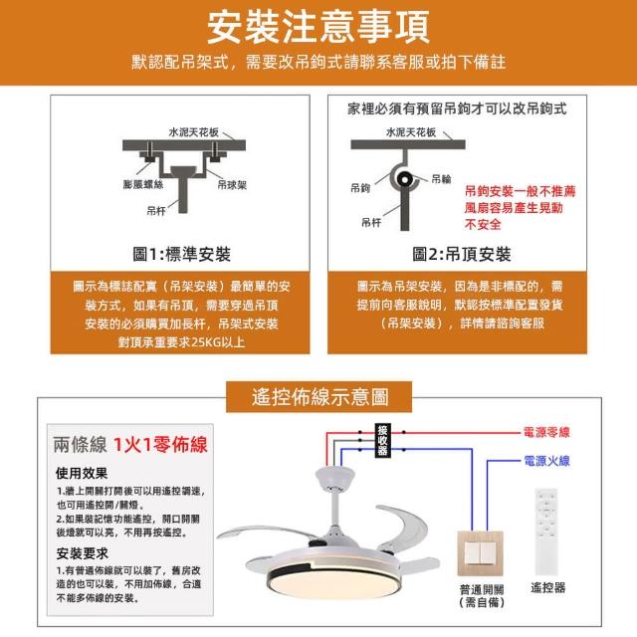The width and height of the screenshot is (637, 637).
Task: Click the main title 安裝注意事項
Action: [x=318, y=27]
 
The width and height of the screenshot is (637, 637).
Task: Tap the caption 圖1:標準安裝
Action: [x=181, y=255]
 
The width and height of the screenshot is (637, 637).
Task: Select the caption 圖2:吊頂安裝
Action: [x=462, y=255]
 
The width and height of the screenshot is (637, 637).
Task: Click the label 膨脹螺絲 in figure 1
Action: [x=143, y=185]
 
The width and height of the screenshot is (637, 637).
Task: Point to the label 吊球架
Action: [x=232, y=185]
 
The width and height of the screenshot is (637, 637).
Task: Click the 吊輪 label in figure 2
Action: [x=441, y=179]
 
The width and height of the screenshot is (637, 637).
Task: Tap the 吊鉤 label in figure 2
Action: [x=360, y=188]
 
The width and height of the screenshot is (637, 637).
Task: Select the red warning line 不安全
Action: [x=483, y=224]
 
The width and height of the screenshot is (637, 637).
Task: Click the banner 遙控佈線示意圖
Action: [x=319, y=396]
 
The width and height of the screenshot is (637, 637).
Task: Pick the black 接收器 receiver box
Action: [x=382, y=440]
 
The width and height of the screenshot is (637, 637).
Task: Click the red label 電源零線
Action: [x=546, y=432]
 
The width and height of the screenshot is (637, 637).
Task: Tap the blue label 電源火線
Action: [x=546, y=461]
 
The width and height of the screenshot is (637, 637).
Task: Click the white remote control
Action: [x=546, y=531]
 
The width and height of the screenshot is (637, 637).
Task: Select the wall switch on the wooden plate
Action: [x=481, y=553]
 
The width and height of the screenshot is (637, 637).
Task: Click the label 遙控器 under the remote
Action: [x=548, y=587]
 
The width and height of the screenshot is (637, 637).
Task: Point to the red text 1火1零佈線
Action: [x=160, y=445]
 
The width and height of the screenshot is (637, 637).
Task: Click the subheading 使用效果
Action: [x=82, y=473]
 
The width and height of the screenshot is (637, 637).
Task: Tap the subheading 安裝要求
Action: [x=83, y=553]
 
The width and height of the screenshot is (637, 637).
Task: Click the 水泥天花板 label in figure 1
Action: [x=194, y=132]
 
